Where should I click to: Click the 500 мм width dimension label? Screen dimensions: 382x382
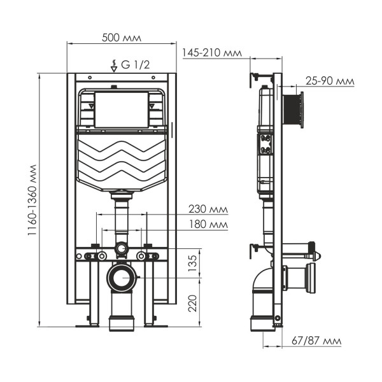tap(122, 37)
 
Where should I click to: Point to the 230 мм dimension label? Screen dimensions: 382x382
tap(208, 209)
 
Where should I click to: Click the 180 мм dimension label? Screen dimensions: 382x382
tap(208, 224)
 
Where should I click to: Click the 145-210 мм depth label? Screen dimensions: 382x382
tap(211, 53)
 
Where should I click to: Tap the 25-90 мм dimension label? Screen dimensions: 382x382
tap(330, 81)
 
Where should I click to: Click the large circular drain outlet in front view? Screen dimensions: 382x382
tap(122, 278)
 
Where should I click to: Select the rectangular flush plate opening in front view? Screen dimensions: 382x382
tap(121, 109)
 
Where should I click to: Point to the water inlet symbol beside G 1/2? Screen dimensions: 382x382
tap(114, 65)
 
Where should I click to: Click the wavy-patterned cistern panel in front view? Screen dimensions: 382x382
tap(121, 159)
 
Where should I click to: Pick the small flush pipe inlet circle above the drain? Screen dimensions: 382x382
tap(122, 248)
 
